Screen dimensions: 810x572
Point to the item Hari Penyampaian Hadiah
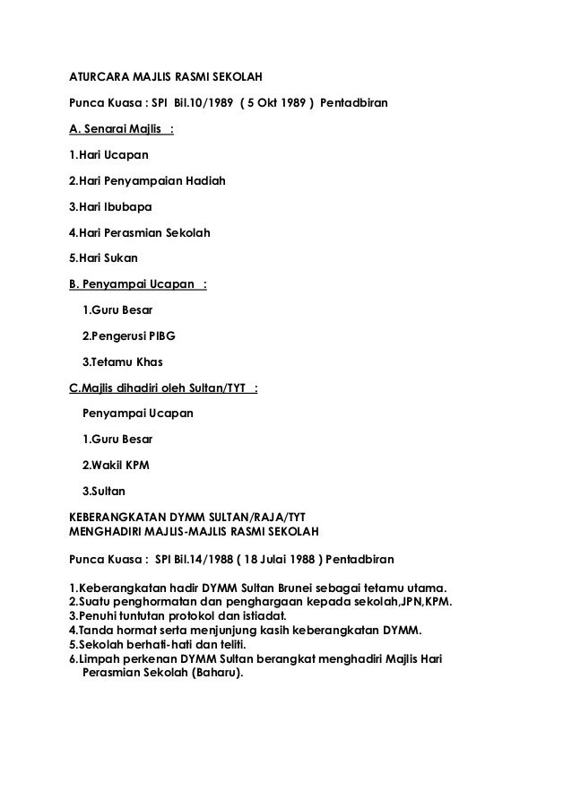point(148,181)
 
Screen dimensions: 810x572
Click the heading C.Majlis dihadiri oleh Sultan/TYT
point(160,388)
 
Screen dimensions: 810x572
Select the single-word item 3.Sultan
point(104,492)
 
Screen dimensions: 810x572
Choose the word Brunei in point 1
point(326,588)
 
